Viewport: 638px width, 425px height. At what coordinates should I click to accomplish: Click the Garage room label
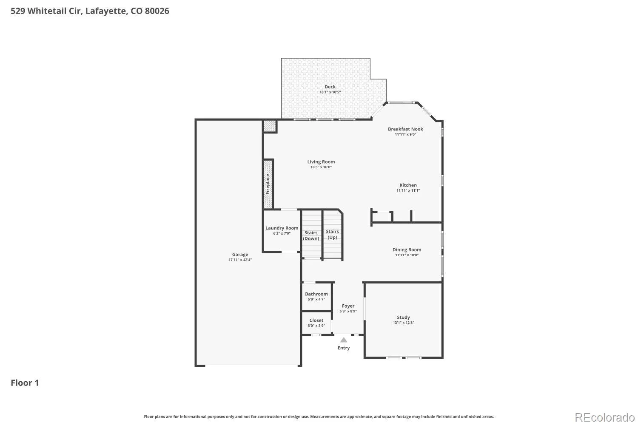tap(240, 255)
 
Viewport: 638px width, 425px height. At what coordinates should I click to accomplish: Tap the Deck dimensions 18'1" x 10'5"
tap(330, 92)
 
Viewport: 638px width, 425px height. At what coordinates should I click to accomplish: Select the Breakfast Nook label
tap(405, 129)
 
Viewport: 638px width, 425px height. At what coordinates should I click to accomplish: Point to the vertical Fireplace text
tap(268, 184)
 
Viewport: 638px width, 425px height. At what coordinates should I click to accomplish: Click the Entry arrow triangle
tap(344, 340)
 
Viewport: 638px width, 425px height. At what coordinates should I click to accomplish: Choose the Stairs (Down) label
tap(311, 235)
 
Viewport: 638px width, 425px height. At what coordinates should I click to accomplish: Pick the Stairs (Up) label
tap(332, 234)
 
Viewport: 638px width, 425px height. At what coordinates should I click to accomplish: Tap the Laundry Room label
tap(282, 228)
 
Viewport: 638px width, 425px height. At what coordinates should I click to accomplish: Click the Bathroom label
tap(316, 294)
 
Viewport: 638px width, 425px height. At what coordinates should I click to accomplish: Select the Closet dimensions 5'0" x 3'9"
tap(316, 326)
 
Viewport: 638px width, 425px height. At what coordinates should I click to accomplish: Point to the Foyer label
tap(348, 306)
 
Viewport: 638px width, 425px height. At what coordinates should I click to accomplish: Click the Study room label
tap(403, 317)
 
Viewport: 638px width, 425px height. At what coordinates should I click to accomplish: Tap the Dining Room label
tap(407, 249)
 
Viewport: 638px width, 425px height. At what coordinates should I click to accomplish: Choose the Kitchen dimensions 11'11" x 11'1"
tap(408, 190)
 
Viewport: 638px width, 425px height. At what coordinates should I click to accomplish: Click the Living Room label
tap(321, 161)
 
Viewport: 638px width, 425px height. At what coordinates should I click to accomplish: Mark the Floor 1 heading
tap(25, 383)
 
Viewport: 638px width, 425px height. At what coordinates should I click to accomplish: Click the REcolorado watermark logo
tap(605, 418)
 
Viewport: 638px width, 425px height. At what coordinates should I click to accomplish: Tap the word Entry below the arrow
tap(344, 348)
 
